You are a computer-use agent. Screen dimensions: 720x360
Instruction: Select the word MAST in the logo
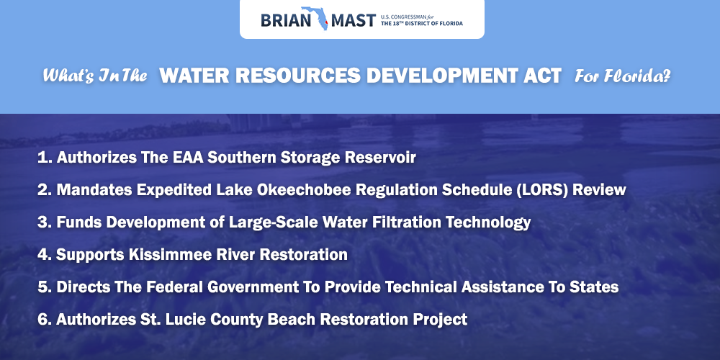coord(352,21)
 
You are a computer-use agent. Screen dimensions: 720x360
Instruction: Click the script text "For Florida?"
coord(623,76)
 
